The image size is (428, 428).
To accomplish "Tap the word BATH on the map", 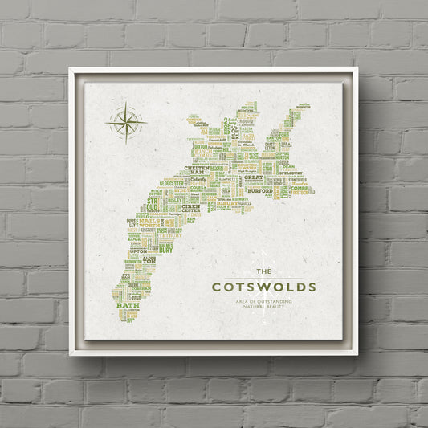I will click(128, 305).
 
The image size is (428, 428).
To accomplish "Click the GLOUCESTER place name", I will click(172, 183).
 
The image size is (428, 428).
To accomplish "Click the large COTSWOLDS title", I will click(263, 287).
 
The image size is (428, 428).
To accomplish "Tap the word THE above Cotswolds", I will click(263, 271).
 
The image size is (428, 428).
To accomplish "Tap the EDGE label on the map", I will click(134, 238).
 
